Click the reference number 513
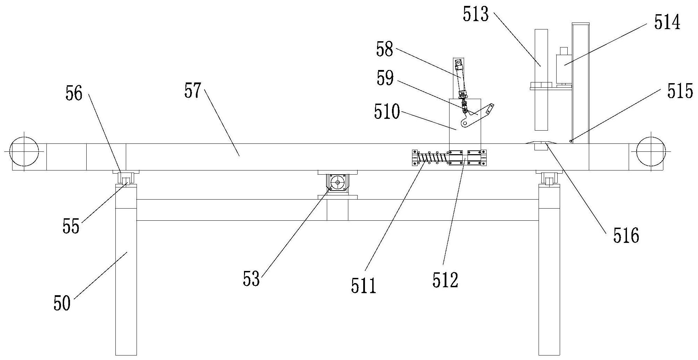(x=475, y=15)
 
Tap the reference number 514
(x=667, y=23)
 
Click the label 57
(x=193, y=91)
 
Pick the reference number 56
(x=74, y=94)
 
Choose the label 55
(x=71, y=227)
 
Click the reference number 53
(x=251, y=279)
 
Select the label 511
(x=363, y=287)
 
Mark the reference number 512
(x=445, y=280)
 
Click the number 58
(x=385, y=50)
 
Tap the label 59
(x=385, y=78)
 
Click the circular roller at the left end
(x=24, y=151)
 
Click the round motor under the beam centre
(x=338, y=182)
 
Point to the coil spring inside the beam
(x=431, y=158)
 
